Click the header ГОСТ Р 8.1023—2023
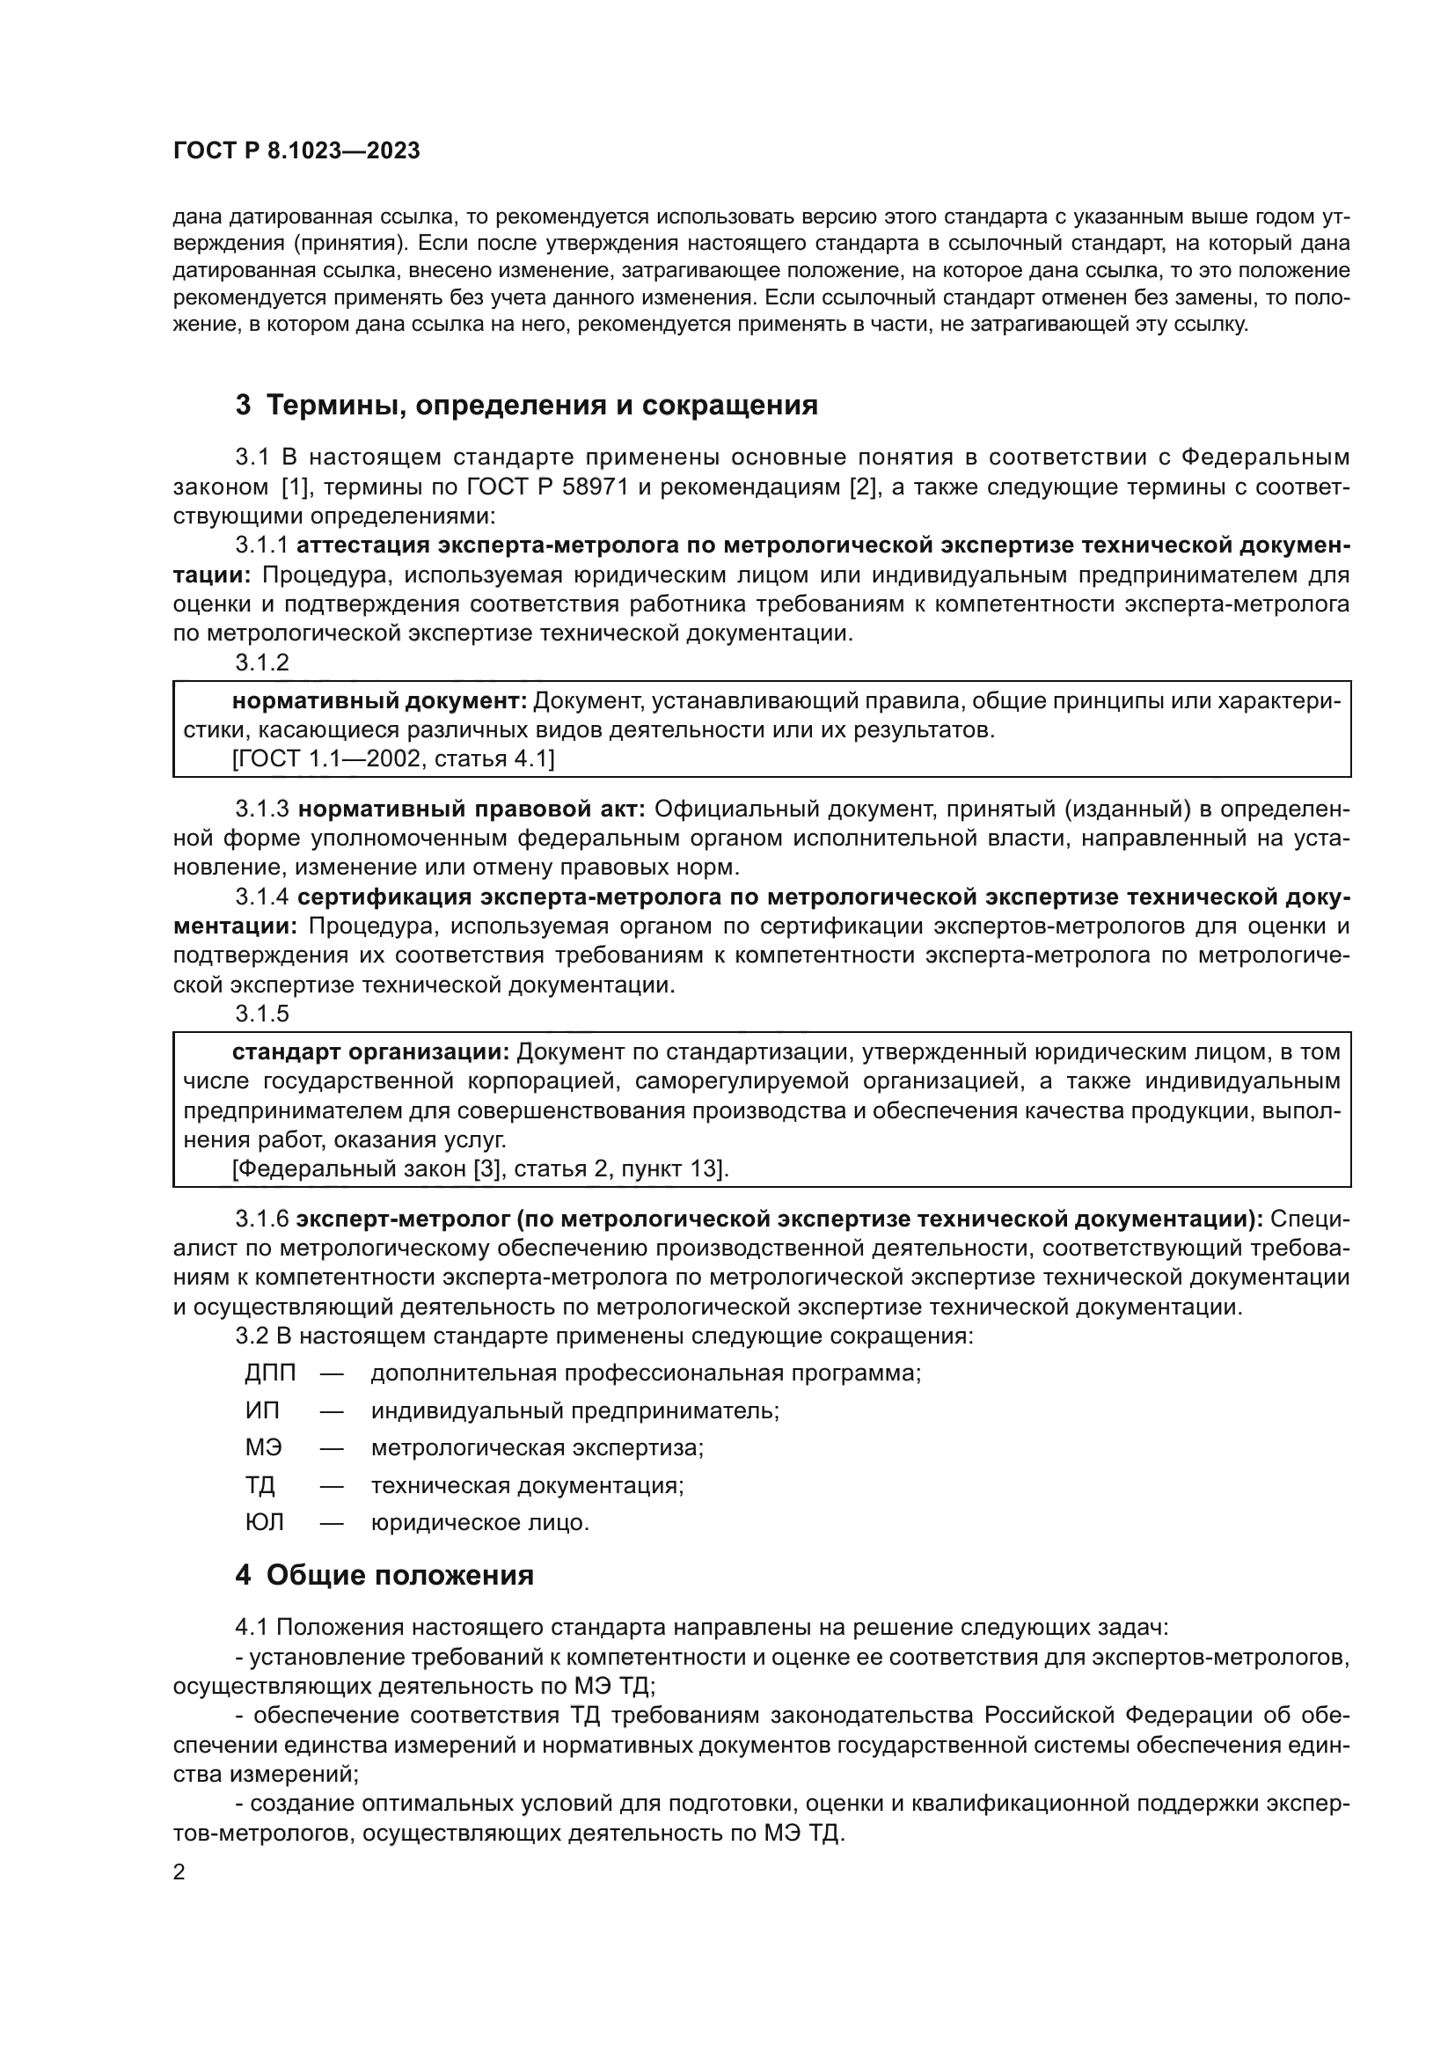click(296, 150)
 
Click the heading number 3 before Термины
click(243, 405)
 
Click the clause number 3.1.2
click(262, 663)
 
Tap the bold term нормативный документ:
click(379, 700)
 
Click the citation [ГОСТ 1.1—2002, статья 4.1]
click(393, 759)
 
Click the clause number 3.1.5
click(262, 1014)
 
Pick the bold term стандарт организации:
click(371, 1051)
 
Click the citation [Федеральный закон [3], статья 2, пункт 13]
click(480, 1168)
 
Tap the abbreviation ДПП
click(270, 1373)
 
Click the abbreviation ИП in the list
click(262, 1410)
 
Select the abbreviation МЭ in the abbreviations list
click(263, 1447)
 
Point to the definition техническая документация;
click(527, 1485)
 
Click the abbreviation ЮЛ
click(264, 1523)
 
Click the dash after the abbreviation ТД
click(332, 1485)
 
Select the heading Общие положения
click(399, 1576)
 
